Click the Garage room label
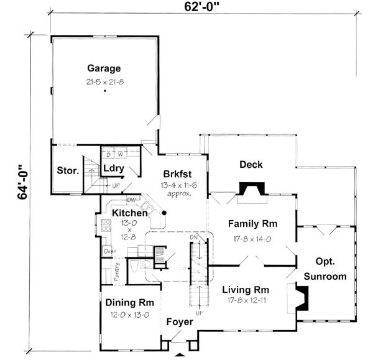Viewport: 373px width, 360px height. (104, 68)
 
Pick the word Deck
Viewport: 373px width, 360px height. (251, 165)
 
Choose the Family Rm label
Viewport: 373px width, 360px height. (252, 224)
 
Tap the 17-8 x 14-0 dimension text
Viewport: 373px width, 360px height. (252, 239)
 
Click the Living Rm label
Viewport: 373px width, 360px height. (244, 290)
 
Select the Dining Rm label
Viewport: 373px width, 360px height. (129, 303)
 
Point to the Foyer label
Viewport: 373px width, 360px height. (180, 322)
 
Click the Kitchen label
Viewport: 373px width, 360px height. (129, 213)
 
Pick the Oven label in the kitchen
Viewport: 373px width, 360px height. (109, 251)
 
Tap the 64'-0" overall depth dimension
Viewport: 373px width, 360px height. (24, 181)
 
